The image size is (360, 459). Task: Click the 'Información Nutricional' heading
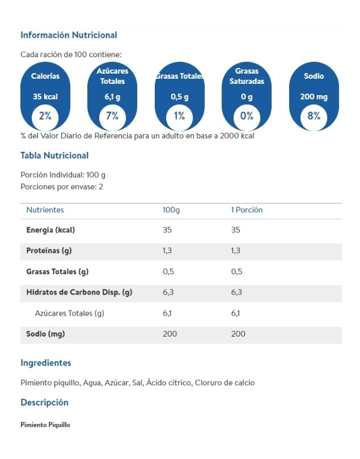click(69, 35)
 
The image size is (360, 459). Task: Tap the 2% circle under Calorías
click(45, 116)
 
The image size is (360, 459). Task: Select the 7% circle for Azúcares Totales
click(112, 116)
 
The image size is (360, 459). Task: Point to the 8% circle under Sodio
click(314, 116)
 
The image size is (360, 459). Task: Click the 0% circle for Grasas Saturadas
click(247, 116)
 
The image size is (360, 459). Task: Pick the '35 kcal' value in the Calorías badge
click(45, 97)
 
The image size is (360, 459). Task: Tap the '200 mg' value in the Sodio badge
click(314, 97)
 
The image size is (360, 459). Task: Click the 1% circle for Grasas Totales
click(180, 116)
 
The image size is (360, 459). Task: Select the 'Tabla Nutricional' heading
click(54, 155)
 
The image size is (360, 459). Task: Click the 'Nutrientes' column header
click(45, 210)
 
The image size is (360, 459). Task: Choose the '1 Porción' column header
click(247, 210)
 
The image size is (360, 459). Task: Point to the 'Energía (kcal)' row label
click(50, 230)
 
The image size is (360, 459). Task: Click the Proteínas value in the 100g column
click(169, 250)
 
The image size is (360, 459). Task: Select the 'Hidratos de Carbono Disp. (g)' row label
click(79, 292)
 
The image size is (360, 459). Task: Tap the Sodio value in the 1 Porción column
click(238, 334)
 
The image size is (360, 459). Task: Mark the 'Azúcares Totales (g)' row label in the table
click(70, 313)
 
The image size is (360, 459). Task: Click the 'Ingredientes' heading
click(46, 363)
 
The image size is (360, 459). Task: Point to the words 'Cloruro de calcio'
click(225, 382)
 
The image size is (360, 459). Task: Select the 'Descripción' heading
click(44, 402)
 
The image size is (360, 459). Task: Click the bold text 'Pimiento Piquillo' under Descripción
click(45, 424)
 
